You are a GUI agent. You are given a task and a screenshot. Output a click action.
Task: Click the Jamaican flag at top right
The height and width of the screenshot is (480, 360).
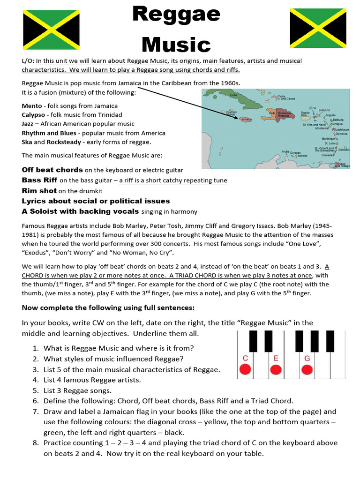tap(318, 28)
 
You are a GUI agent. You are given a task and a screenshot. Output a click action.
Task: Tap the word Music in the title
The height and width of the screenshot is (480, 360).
tap(176, 45)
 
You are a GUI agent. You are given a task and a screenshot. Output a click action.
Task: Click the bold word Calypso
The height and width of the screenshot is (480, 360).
tap(33, 115)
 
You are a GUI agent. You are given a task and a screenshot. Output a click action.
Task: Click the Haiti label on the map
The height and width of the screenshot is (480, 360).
tap(272, 113)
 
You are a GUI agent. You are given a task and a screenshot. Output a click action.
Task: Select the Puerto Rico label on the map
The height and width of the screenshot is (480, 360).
tap(305, 114)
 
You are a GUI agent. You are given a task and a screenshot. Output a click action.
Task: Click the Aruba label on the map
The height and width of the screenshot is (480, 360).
tap(285, 151)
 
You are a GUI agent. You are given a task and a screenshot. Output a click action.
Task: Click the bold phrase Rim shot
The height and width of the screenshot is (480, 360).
tap(39, 191)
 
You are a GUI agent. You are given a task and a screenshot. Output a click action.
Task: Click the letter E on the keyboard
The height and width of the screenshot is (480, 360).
tap(276, 359)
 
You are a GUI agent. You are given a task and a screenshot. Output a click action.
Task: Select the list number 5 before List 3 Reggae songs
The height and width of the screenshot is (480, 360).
tap(36, 390)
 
